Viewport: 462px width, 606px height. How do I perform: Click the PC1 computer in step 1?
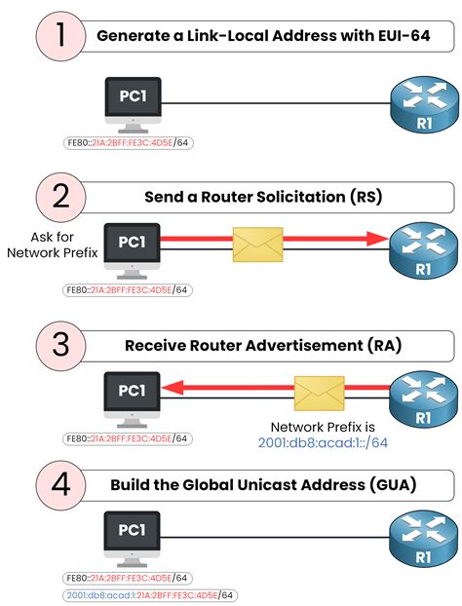click(x=133, y=103)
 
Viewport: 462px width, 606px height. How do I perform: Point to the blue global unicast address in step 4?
click(x=151, y=595)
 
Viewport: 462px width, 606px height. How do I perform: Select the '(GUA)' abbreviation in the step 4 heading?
click(x=395, y=484)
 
